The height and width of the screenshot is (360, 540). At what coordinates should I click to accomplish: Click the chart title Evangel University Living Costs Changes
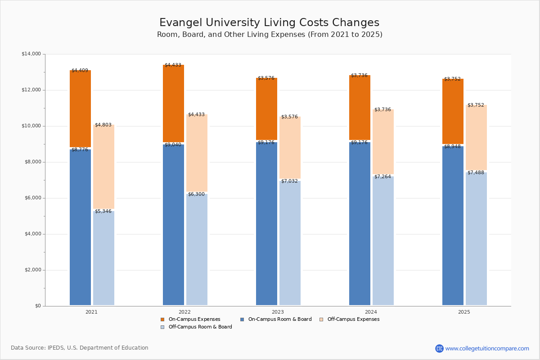point(269,23)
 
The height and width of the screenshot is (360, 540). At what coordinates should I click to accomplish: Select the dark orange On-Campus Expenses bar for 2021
point(80,108)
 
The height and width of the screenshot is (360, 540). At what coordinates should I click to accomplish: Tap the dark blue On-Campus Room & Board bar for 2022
point(173,225)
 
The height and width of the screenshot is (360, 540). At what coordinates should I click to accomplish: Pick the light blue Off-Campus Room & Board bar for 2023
point(290,243)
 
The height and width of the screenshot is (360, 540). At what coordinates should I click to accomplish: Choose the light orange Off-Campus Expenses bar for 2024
point(383,142)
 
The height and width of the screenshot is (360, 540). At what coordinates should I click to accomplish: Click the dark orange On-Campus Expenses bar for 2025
point(453,111)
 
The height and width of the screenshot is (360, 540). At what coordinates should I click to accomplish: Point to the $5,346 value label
point(103,211)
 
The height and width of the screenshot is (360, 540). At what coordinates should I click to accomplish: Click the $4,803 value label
point(103,125)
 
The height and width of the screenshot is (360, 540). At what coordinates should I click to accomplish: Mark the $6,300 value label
point(196,194)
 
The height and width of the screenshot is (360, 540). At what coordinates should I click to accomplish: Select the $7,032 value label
point(289,181)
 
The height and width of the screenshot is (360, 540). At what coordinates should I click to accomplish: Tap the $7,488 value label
point(476,173)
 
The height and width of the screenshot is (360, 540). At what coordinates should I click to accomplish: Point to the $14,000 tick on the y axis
point(31,54)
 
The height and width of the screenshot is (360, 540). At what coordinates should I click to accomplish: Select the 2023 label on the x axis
point(278,312)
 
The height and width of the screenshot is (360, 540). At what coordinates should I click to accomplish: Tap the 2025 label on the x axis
point(464,312)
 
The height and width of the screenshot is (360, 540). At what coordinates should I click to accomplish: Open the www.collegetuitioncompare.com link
point(487,348)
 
